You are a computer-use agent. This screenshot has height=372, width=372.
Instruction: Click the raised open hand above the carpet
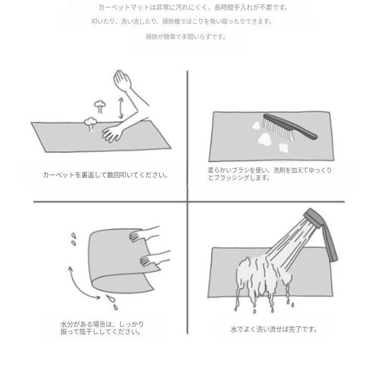(122, 80)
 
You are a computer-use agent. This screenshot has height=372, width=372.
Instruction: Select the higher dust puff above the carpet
(100, 105)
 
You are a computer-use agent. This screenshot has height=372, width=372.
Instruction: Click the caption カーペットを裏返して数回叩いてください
(105, 175)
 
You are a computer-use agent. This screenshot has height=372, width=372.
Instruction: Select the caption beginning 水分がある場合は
(102, 328)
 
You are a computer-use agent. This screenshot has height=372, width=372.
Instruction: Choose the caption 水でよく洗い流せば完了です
(273, 329)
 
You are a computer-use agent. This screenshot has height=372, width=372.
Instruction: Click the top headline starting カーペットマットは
(192, 7)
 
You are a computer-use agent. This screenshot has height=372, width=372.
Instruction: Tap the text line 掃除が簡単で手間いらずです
(186, 37)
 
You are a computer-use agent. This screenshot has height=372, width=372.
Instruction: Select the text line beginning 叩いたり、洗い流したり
(182, 22)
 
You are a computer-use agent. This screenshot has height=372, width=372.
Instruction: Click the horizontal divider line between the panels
(109, 202)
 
